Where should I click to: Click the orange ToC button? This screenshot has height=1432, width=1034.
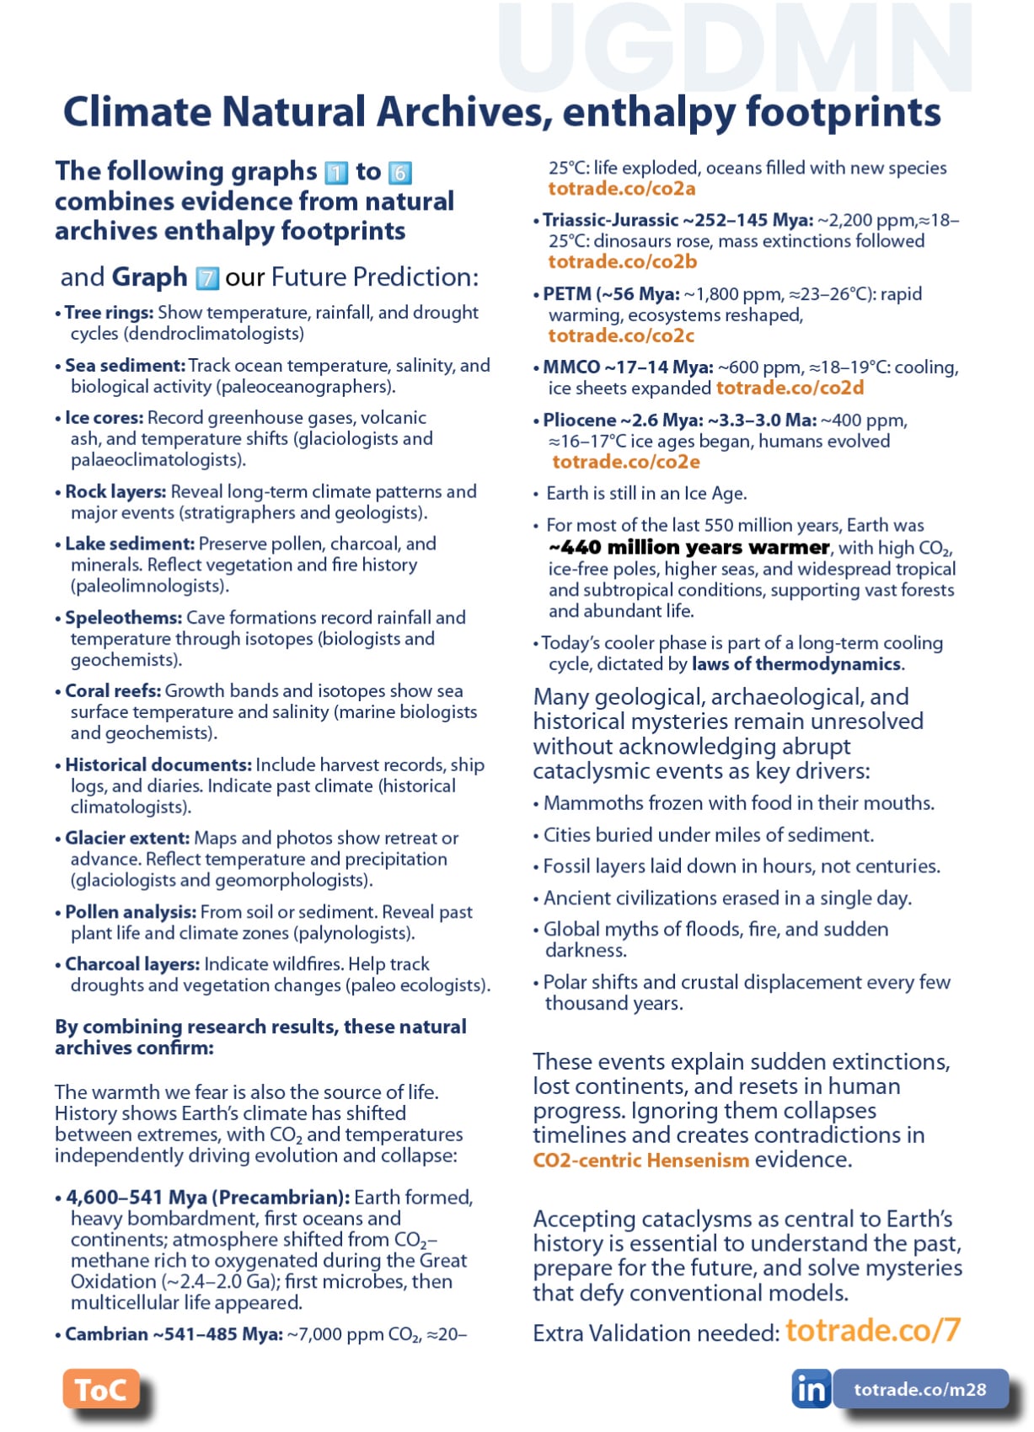click(x=100, y=1389)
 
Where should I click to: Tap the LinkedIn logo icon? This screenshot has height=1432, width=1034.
click(x=811, y=1389)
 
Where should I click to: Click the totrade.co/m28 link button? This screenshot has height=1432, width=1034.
click(x=919, y=1389)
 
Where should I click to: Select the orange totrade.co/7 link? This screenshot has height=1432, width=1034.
click(x=872, y=1330)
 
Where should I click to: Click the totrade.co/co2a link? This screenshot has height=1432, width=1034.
click(x=622, y=189)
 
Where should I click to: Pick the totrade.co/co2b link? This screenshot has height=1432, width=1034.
click(x=623, y=262)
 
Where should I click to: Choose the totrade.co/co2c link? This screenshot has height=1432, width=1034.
click(x=622, y=335)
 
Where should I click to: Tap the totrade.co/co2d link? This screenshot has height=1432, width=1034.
click(x=790, y=388)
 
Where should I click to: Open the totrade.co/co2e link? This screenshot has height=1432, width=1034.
click(x=626, y=462)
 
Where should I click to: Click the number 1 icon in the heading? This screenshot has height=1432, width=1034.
click(x=336, y=173)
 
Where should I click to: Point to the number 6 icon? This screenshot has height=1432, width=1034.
click(x=399, y=173)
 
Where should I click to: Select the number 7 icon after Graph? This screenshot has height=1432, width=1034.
click(x=207, y=278)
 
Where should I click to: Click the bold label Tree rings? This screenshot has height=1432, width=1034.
click(x=109, y=313)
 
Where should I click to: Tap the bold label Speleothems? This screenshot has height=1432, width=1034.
click(x=123, y=618)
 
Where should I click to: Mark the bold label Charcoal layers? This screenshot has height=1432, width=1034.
click(x=132, y=964)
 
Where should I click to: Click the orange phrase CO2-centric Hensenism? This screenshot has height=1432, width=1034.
click(x=640, y=1161)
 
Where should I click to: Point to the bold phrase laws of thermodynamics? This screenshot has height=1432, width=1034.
click(x=796, y=664)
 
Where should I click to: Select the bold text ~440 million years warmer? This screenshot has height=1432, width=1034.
click(x=688, y=548)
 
